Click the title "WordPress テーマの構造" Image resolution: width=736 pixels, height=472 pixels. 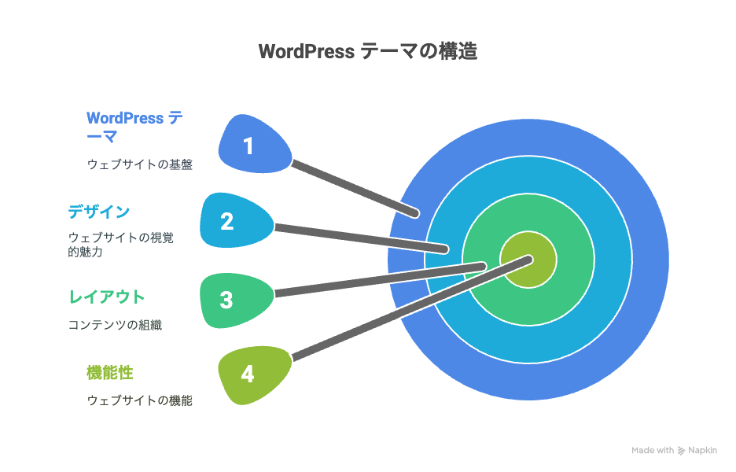click(368, 51)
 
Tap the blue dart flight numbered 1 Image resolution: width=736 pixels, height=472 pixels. click(254, 145)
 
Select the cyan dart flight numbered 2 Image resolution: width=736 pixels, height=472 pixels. click(236, 220)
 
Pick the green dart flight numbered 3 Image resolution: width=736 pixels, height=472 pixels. click(236, 300)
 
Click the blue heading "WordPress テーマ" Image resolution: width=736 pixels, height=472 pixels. click(134, 127)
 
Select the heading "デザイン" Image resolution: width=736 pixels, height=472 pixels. click(99, 212)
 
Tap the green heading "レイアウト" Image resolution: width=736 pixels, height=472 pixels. click(107, 297)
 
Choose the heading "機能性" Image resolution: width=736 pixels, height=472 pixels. click(110, 372)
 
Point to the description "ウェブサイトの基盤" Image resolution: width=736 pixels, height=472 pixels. click(140, 164)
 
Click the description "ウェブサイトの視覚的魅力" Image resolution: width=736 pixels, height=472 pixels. click(121, 245)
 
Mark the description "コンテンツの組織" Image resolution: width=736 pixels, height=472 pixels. click(116, 325)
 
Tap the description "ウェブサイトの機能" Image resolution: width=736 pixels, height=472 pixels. click(140, 400)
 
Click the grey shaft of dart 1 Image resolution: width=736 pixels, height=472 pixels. click(355, 188)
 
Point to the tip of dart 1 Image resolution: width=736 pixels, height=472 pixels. click(416, 214)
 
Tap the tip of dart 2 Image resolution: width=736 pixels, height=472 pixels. click(445, 249)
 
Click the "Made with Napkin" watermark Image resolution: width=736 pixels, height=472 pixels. click(674, 451)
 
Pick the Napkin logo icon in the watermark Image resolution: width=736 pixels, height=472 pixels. click(681, 451)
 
